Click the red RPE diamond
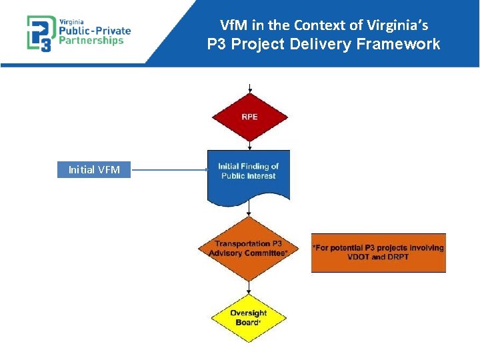(249, 117)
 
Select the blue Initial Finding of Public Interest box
(249, 175)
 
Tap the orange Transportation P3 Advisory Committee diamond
(248, 249)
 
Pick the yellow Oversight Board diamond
(249, 318)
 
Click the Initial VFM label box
(94, 170)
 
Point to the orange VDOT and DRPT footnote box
(378, 253)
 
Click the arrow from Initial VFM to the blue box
(170, 170)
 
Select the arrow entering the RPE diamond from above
(249, 88)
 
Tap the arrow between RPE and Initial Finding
(249, 145)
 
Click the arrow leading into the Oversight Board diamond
(249, 287)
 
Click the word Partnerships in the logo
(92, 40)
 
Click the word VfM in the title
(233, 26)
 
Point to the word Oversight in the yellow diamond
(249, 313)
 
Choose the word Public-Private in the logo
(96, 30)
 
